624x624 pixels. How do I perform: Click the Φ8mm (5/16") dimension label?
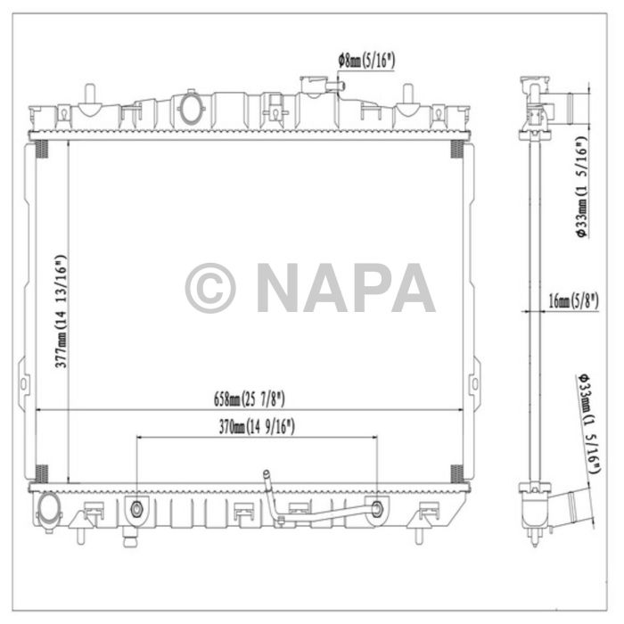(x=366, y=61)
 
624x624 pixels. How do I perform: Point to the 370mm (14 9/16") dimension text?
(x=256, y=428)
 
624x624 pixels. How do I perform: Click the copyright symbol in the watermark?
(x=210, y=288)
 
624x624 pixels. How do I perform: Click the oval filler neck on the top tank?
(x=191, y=107)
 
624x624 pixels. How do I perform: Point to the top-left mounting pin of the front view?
(x=89, y=93)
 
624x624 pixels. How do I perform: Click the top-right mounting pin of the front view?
(x=407, y=93)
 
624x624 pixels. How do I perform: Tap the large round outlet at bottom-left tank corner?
(x=48, y=508)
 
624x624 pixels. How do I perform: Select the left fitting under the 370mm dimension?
(x=136, y=509)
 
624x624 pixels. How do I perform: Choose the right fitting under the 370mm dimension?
(x=377, y=509)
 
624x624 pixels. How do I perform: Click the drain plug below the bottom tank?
(x=131, y=538)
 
